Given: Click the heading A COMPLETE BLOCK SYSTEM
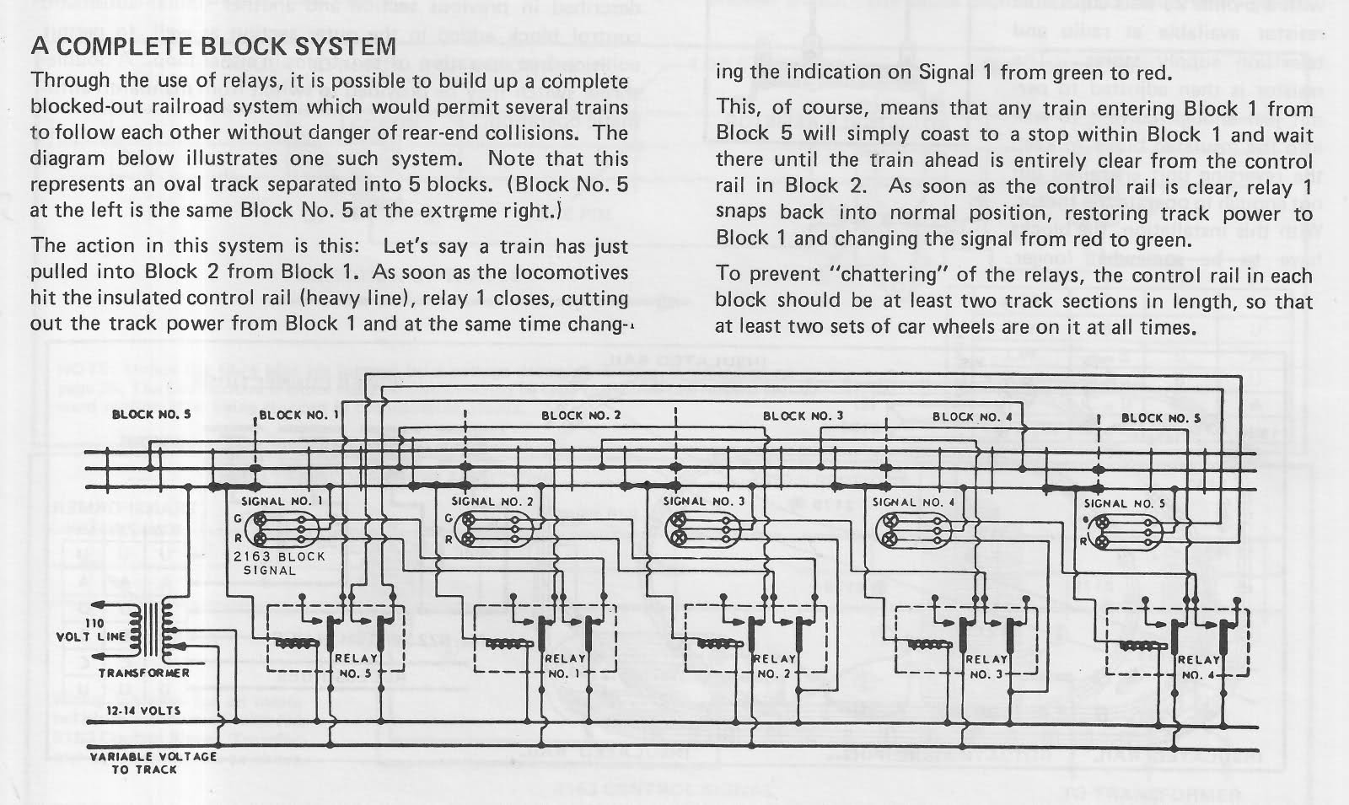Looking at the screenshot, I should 212,46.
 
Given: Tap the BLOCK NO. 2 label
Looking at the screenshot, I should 581,415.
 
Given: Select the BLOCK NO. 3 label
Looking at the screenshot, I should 803,415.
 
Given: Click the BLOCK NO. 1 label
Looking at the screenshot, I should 298,415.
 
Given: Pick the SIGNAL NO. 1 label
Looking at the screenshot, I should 282,501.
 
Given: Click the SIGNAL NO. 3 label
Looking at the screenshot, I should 704,501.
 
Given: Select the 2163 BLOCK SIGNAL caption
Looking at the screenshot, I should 278,563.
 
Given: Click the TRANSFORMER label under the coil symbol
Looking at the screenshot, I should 144,673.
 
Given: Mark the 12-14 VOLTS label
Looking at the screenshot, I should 143,711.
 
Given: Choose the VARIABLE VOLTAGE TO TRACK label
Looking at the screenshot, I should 152,762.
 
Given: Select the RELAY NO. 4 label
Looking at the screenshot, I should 1196,668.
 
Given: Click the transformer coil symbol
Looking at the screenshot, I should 158,630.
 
